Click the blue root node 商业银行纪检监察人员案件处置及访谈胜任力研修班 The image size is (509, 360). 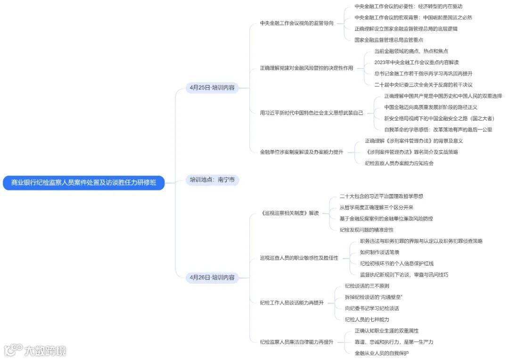tap(84, 182)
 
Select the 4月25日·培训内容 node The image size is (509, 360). tap(212, 88)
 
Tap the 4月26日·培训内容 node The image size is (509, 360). tap(212, 278)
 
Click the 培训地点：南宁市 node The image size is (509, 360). tap(212, 180)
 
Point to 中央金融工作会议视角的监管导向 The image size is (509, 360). tap(296, 23)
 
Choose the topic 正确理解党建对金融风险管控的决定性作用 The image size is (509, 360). tap(306, 68)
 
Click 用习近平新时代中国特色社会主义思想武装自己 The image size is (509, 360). tap(312, 113)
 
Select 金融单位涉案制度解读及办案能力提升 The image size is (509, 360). tap(302, 152)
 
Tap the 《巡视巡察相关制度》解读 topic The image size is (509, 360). tap(289, 213)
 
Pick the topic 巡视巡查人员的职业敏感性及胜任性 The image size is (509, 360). tap(299, 258)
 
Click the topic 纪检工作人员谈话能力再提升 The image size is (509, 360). tap(292, 303)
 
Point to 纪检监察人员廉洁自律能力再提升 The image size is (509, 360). tap(296, 342)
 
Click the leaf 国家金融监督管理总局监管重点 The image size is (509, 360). tap(389, 40)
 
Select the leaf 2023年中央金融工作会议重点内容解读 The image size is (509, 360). tap(416, 62)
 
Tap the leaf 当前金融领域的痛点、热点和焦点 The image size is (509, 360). tap(411, 51)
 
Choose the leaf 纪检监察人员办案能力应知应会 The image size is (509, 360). tap(399, 163)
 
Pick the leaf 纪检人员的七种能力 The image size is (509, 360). tap(367, 319)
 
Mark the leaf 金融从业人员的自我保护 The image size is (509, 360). tap(382, 353)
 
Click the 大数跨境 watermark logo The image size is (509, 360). tap(35, 351)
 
